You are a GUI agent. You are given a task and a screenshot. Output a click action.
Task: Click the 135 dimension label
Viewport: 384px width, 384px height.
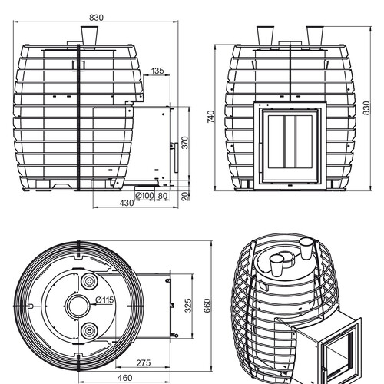(157, 71)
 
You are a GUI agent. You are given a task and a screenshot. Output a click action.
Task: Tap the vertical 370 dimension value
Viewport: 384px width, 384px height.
(185, 143)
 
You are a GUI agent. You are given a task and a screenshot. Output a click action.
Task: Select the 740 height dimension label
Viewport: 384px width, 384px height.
(210, 117)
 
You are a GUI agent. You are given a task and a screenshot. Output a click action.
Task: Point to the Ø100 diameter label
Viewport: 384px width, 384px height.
(144, 196)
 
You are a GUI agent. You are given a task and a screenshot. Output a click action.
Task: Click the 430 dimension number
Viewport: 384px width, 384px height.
(127, 203)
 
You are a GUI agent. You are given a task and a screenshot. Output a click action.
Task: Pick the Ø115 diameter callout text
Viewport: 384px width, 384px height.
(104, 300)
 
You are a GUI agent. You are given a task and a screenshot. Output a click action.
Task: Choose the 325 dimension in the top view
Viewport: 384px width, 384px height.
(188, 306)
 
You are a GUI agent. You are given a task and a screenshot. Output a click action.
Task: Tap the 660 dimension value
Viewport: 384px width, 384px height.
(207, 306)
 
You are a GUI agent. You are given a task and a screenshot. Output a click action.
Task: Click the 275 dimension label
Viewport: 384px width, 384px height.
(144, 362)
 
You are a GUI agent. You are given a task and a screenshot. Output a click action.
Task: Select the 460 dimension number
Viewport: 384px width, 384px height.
(124, 378)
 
